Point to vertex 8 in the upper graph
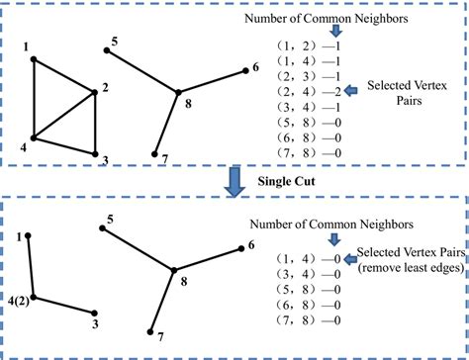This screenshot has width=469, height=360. [178, 93]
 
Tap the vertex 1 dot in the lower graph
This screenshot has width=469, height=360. [28, 235]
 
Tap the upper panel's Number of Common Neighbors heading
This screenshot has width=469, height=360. [350, 13]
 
